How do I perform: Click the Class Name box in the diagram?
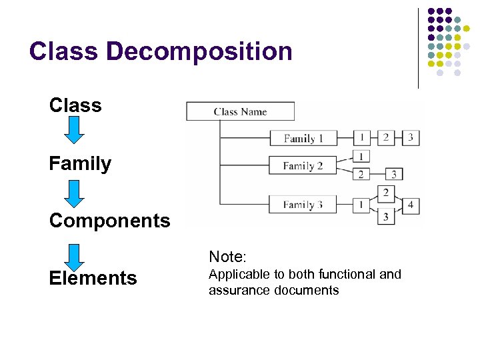[240, 111]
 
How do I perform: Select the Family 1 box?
[303, 138]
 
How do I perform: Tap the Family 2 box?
[303, 165]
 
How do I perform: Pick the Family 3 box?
[303, 204]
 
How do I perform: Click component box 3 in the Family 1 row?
[411, 137]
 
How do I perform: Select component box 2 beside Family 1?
[385, 137]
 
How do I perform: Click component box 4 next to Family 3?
[411, 204]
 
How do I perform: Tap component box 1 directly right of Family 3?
[361, 204]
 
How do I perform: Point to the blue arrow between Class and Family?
[75, 130]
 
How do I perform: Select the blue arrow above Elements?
[75, 257]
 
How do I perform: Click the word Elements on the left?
[93, 278]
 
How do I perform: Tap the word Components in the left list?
[109, 221]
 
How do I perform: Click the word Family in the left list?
[80, 163]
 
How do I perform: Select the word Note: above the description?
[228, 257]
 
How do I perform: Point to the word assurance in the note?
[235, 291]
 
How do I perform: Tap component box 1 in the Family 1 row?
[361, 137]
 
